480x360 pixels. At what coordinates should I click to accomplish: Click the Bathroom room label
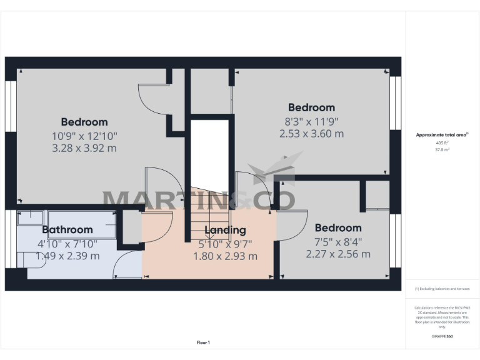point(67,229)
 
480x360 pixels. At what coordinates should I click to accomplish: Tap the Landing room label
point(225,230)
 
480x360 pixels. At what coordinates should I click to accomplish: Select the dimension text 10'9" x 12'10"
point(84,135)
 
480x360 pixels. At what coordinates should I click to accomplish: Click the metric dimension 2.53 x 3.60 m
point(311,133)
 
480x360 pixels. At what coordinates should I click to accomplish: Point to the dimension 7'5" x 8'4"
point(338,241)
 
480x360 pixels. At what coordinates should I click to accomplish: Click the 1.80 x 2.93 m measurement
point(225,256)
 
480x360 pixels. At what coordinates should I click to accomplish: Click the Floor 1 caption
point(203,342)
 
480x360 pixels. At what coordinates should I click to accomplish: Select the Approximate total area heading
point(442,134)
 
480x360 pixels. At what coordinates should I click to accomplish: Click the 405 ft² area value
point(442,143)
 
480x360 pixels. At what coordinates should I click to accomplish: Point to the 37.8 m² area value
point(442,149)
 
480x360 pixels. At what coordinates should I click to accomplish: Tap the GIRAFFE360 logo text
point(442,336)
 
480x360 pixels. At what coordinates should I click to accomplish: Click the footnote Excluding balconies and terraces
point(442,289)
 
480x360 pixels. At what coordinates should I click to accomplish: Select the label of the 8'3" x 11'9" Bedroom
point(311,107)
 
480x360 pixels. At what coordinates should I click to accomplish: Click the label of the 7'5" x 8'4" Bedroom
point(338,227)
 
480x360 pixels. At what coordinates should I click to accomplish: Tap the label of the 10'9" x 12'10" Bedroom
point(84,122)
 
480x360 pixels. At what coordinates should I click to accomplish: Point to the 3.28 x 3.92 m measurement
point(84,148)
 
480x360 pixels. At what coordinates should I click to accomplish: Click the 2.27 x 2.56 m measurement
point(338,254)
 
